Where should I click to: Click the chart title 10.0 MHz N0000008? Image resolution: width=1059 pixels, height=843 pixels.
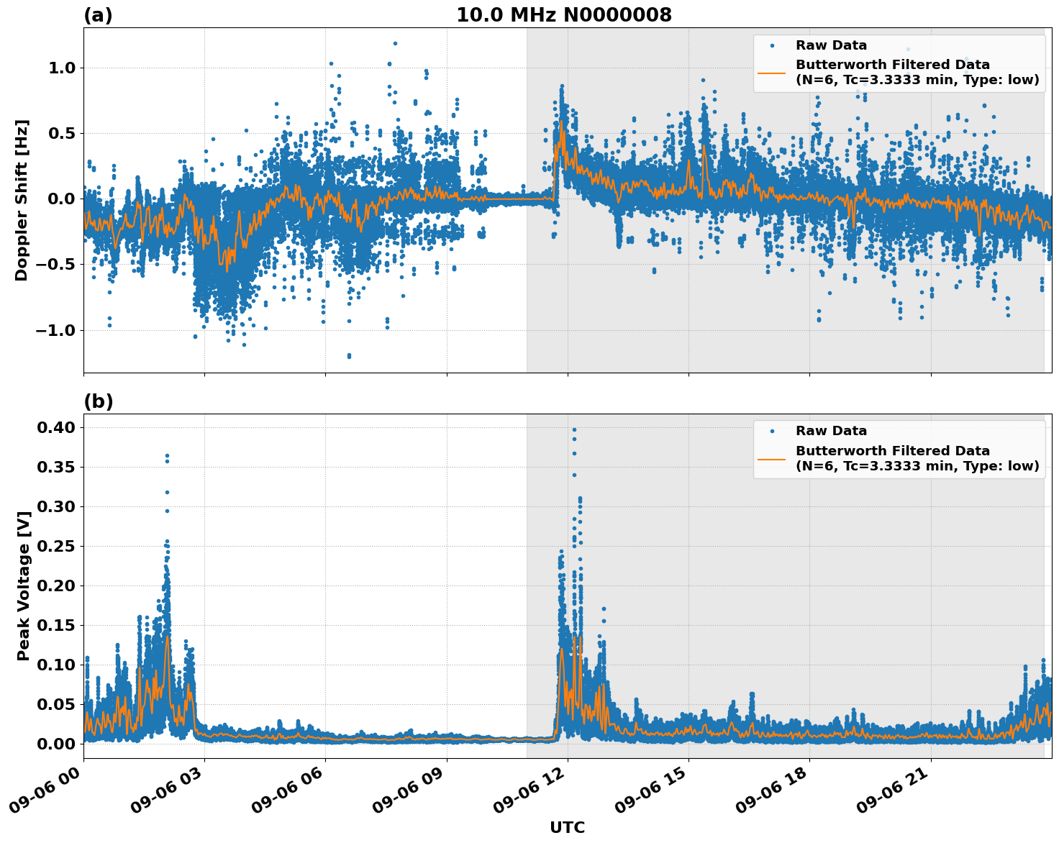click(x=563, y=15)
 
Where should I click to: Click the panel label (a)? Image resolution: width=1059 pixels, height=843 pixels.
click(x=98, y=15)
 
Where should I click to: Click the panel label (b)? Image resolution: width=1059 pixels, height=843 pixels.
click(x=99, y=401)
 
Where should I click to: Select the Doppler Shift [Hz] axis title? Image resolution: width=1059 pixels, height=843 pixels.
click(x=22, y=200)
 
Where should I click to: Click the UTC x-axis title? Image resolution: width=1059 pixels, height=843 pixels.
click(x=567, y=827)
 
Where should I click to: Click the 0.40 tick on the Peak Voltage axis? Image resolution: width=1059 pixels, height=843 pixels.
click(x=57, y=427)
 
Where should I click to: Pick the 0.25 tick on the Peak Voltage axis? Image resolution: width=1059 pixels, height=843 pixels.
click(x=57, y=546)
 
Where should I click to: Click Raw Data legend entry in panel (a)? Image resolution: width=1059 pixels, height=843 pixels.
click(x=830, y=45)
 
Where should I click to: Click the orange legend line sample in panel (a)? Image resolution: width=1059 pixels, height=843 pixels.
click(x=771, y=73)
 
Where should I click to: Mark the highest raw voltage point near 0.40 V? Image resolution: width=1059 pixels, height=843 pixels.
click(x=574, y=429)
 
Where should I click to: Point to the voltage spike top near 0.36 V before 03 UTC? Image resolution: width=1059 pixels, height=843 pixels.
click(x=167, y=456)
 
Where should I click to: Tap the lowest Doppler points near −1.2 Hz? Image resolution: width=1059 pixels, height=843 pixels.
click(x=349, y=355)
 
